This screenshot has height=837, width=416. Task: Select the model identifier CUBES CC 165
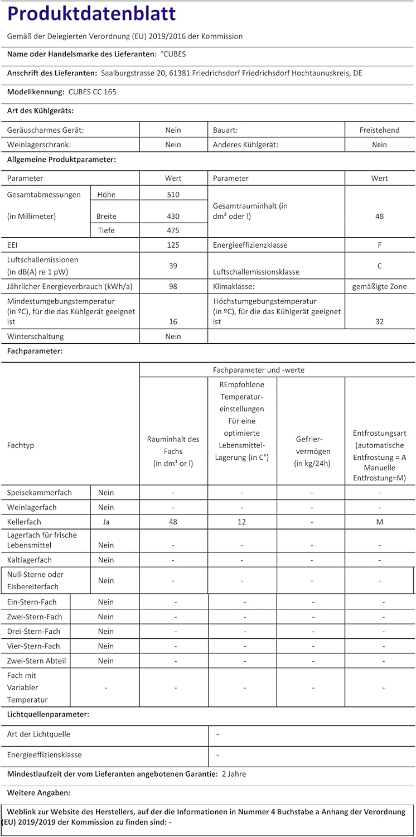93,92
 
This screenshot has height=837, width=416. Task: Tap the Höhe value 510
173,195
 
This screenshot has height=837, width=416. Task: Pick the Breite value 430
173,216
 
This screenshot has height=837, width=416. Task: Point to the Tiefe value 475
173,230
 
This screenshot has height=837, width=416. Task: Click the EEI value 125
173,245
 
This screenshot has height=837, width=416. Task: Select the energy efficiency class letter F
380,245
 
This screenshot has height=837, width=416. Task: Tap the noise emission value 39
173,266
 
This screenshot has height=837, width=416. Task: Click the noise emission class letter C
380,266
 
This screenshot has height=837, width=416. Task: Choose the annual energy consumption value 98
173,287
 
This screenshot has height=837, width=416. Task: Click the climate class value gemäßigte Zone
380,287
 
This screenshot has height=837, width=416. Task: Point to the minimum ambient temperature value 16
173,321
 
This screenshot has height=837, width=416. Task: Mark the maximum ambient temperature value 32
380,321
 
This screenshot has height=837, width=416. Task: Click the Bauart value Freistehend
380,130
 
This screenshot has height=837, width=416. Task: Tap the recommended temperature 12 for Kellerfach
242,522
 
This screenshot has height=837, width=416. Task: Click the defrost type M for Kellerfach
380,522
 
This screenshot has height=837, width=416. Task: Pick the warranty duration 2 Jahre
234,774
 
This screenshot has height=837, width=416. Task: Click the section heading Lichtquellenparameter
48,714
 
